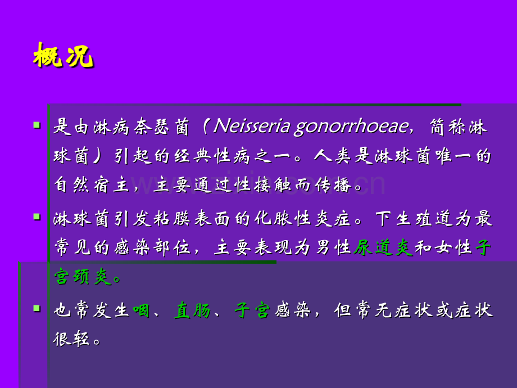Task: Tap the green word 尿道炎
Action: tap(383, 247)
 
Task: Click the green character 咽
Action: tap(142, 309)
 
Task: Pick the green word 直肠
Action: tap(192, 309)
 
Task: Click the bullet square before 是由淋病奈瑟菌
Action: tap(37, 125)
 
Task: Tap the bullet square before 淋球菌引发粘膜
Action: tap(37, 216)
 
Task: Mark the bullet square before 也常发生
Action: tap(37, 308)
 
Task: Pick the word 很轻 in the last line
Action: tap(71, 339)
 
